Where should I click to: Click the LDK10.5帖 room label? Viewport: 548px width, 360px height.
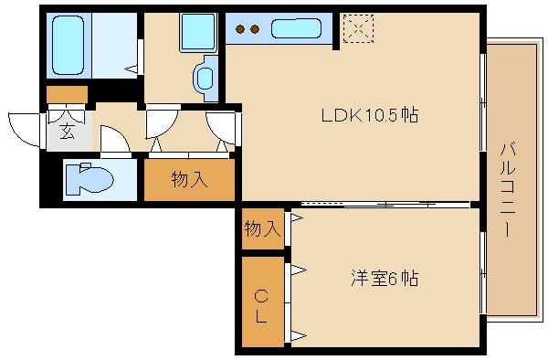pos(369,116)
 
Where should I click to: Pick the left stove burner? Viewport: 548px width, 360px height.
pos(241,29)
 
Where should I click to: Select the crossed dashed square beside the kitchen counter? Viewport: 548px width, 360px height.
pos(357,28)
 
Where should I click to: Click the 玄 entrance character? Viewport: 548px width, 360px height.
pos(68,132)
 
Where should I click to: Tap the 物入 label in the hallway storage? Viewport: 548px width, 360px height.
pos(189,180)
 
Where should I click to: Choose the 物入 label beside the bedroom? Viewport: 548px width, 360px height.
pos(261,228)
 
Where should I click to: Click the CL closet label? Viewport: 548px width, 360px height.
pos(261,306)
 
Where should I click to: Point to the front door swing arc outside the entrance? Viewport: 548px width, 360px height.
pos(23,127)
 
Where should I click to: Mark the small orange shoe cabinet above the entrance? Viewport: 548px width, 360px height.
pos(67,93)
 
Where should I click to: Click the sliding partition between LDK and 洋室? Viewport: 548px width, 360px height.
pos(384,203)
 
